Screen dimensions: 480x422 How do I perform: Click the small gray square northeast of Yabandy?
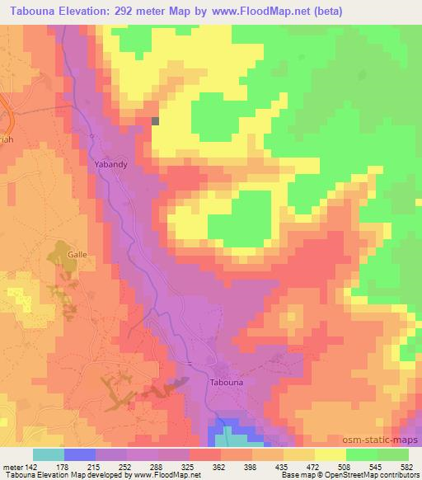click(x=155, y=121)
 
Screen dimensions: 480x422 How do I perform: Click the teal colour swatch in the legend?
click(x=49, y=455)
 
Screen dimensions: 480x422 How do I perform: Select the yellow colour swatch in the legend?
click(x=330, y=455)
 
